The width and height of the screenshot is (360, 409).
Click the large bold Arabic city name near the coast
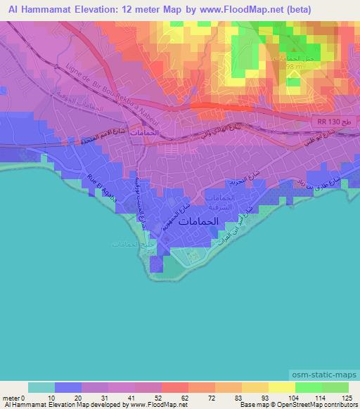198,221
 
